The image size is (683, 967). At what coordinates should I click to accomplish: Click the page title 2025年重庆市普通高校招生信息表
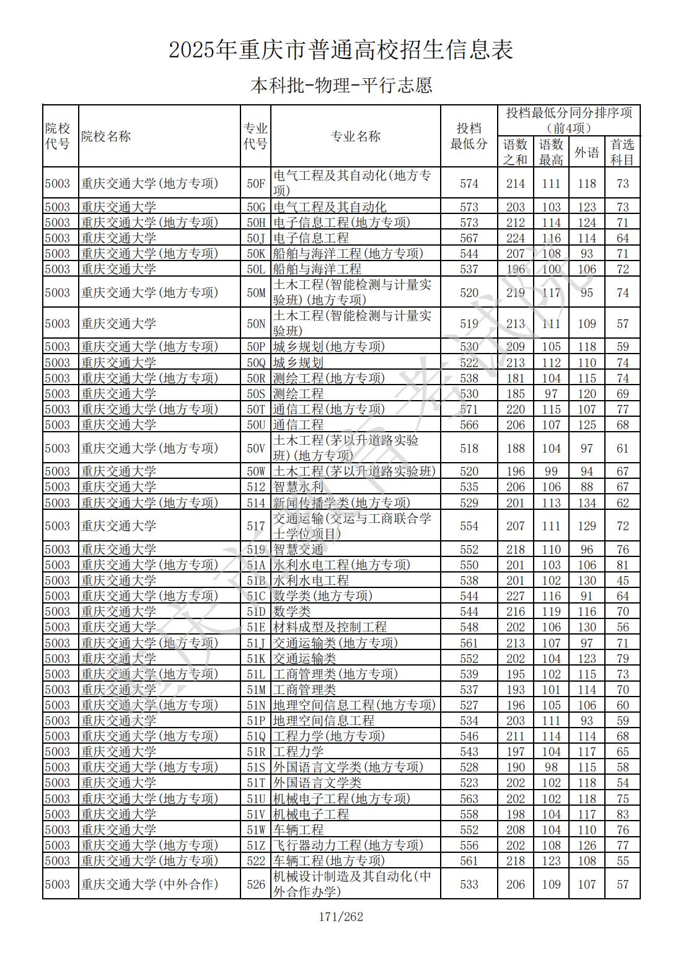pos(341,50)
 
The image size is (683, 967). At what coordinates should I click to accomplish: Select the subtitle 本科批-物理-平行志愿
pos(341,85)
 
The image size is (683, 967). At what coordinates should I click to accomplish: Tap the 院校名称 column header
pos(106,136)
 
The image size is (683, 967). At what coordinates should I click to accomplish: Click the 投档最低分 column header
pos(469,136)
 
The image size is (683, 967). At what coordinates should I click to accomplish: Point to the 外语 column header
pos(586,152)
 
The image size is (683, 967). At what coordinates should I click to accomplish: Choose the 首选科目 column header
pos(622,152)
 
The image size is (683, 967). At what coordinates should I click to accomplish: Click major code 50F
pos(256,184)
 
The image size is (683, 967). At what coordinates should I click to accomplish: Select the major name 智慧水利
pos(298,488)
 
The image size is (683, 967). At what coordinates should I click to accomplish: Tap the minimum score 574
pos(469,184)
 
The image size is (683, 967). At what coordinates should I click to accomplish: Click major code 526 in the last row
pos(256,885)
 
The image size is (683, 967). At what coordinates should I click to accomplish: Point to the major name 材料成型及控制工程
pos(330,627)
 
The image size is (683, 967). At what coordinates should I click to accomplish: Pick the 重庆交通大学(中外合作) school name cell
pos(149,885)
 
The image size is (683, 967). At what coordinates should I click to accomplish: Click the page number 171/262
pos(341,917)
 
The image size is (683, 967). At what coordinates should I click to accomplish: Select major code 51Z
pos(256,845)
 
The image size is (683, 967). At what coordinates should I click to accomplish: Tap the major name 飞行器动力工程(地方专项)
pos(348,845)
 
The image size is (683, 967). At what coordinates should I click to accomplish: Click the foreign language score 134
pos(586,503)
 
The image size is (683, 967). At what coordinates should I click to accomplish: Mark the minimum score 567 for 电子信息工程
pos(469,238)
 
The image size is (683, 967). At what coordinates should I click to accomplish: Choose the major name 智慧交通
pos(298,550)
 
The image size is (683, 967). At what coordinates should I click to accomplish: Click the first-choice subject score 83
pos(622,814)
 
